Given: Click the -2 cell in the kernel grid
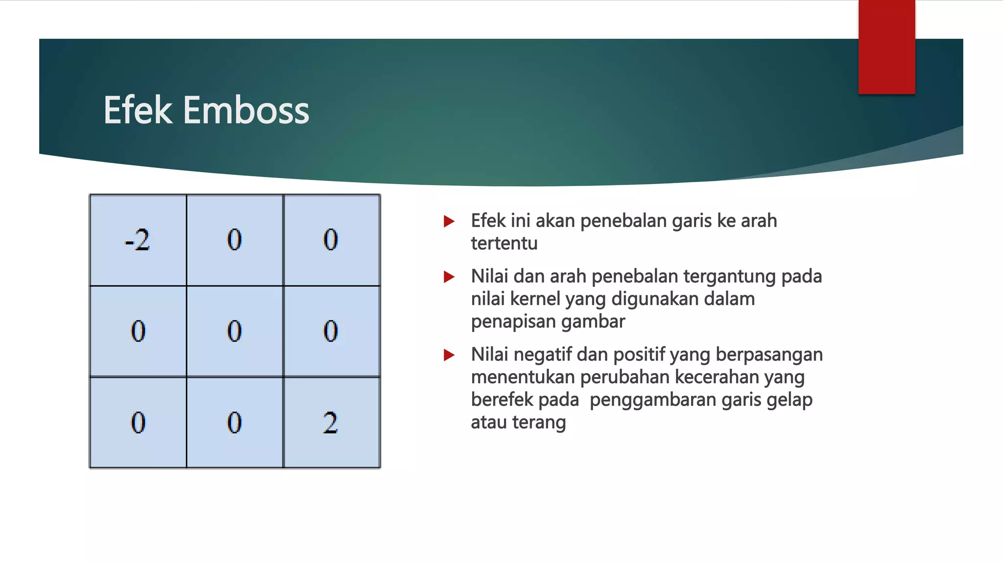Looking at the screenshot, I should tap(138, 240).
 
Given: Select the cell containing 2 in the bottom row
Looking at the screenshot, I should tap(331, 423).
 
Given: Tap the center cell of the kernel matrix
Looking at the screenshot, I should tap(234, 331).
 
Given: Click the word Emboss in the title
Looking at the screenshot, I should tap(246, 110).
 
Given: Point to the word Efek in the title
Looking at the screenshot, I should tap(138, 110).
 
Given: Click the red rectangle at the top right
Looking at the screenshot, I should tap(886, 47).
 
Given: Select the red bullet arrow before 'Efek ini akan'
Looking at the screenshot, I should tap(449, 221).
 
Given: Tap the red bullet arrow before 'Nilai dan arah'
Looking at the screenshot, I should tap(449, 277).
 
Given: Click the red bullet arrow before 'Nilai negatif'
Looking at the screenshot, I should tap(449, 355).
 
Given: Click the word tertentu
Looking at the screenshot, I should tap(504, 243).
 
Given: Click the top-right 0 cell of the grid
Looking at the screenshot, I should tap(331, 240).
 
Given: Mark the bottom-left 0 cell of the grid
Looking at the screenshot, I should tap(138, 423).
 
